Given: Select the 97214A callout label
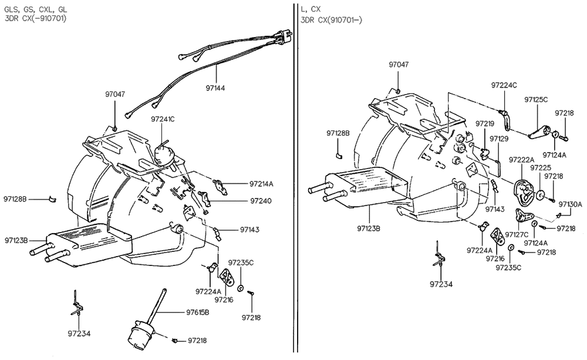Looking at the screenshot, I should click(x=261, y=183).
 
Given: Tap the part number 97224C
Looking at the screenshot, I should click(x=504, y=85).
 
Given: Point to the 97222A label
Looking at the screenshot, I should click(x=522, y=159).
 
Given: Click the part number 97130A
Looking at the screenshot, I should click(x=570, y=204).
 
